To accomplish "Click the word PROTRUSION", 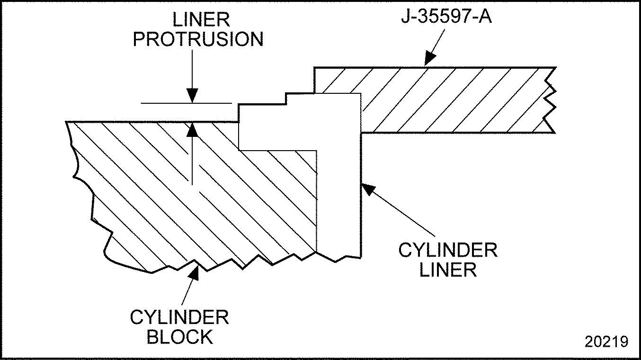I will click(198, 40).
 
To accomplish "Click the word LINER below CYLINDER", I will click(447, 270).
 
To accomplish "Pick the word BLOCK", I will click(179, 337).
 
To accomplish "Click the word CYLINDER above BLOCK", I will click(179, 317).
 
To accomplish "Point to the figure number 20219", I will click(606, 342).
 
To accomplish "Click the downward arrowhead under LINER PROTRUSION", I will click(192, 96).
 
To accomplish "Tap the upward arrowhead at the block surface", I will click(192, 129).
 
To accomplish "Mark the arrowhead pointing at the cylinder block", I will click(194, 272).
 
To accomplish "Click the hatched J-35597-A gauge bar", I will click(450, 99).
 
